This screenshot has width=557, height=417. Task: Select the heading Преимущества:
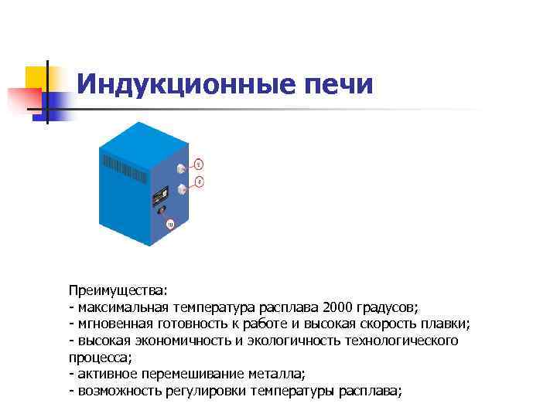117,290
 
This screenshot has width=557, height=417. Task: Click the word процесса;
101,358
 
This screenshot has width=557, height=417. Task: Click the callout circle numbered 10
170,225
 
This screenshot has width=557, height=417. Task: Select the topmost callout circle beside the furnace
199,164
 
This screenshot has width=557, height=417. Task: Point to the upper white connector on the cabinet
180,168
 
